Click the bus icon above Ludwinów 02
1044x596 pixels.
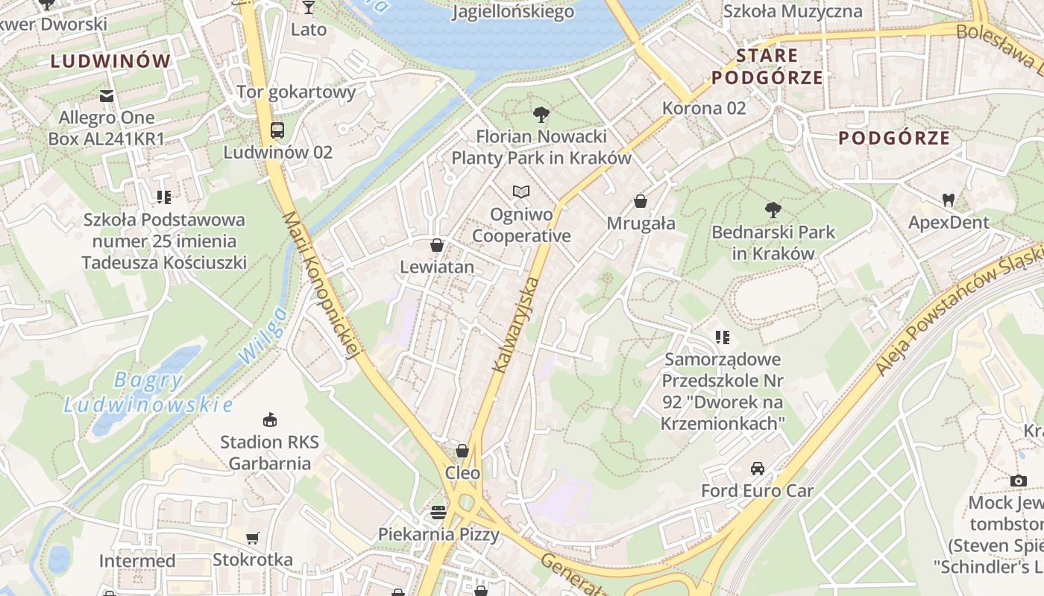coord(277,130)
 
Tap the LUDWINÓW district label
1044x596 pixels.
coord(111,61)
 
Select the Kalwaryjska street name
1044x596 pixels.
coord(515,325)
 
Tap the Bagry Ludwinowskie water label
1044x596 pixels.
coord(148,393)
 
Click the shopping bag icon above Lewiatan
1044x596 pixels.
coord(437,245)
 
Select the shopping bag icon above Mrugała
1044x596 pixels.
coord(641,201)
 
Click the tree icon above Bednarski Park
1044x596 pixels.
coord(773,210)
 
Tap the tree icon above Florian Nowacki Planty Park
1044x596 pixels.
coord(541,115)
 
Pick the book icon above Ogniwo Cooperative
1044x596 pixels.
coord(521,192)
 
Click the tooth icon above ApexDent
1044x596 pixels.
coord(949,200)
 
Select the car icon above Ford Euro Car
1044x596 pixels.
coord(758,469)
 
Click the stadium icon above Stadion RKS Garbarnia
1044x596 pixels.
coord(269,420)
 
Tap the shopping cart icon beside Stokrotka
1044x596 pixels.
coord(253,538)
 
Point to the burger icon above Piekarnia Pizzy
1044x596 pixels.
coord(438,512)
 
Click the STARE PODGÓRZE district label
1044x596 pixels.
coord(767,66)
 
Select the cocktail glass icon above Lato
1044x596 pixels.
coord(309,8)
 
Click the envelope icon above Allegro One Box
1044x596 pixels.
coord(107,95)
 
